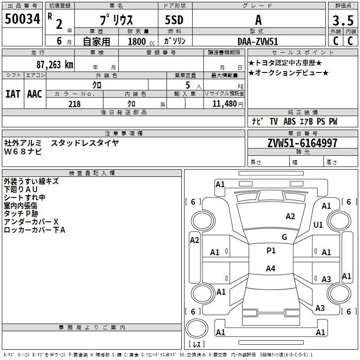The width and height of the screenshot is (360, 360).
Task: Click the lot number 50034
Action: tap(22, 19)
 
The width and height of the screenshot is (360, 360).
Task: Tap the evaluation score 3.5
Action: tap(342, 21)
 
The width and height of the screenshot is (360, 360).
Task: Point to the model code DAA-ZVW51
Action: tap(258, 41)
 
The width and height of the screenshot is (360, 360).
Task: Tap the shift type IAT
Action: tap(13, 94)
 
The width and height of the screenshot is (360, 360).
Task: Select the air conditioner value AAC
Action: tap(35, 94)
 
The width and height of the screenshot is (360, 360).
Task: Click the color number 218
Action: tap(75, 104)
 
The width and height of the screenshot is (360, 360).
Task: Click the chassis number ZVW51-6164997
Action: tap(302, 143)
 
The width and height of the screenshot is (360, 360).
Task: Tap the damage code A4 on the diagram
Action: tap(270, 269)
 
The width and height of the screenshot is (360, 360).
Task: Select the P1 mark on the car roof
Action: tap(271, 251)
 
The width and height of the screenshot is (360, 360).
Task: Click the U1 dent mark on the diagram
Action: tap(319, 225)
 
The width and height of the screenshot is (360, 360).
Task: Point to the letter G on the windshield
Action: tap(284, 237)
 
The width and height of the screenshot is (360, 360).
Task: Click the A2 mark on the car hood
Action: tap(291, 216)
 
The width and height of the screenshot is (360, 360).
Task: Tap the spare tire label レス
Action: tap(197, 344)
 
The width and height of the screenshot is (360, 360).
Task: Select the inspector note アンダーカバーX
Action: tap(31, 222)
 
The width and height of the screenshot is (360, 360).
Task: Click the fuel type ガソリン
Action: tap(175, 41)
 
